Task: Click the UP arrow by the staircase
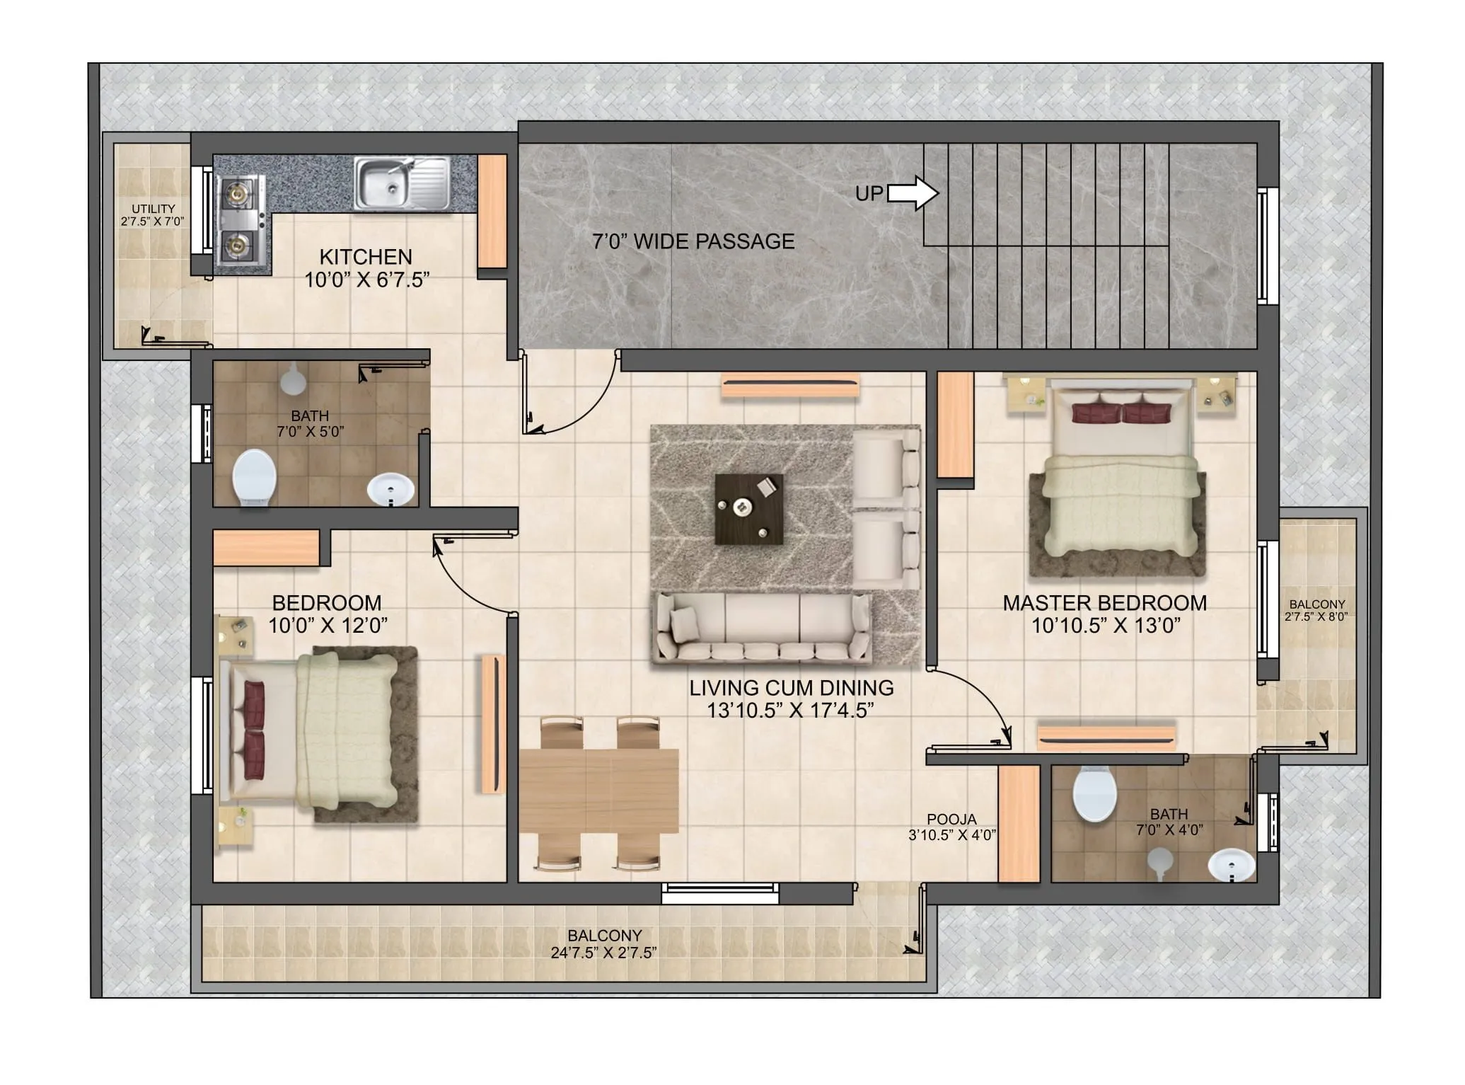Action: tap(913, 193)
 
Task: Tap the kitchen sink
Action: tap(402, 183)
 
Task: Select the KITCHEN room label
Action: tap(366, 257)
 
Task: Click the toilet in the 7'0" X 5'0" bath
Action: tap(254, 478)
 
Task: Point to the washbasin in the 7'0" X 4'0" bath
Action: tap(1231, 864)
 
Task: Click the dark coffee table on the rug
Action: tap(748, 509)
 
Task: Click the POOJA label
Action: tap(951, 819)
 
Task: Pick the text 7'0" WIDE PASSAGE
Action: tap(693, 242)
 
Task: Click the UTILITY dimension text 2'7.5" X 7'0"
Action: tap(153, 222)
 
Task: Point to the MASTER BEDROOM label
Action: tap(1104, 603)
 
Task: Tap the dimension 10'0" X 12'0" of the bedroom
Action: tap(328, 626)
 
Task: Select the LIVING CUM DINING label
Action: tap(791, 688)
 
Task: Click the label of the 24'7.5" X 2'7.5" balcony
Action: tap(604, 936)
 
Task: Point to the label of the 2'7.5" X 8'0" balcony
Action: tap(1316, 604)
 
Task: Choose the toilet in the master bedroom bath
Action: tap(1094, 795)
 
